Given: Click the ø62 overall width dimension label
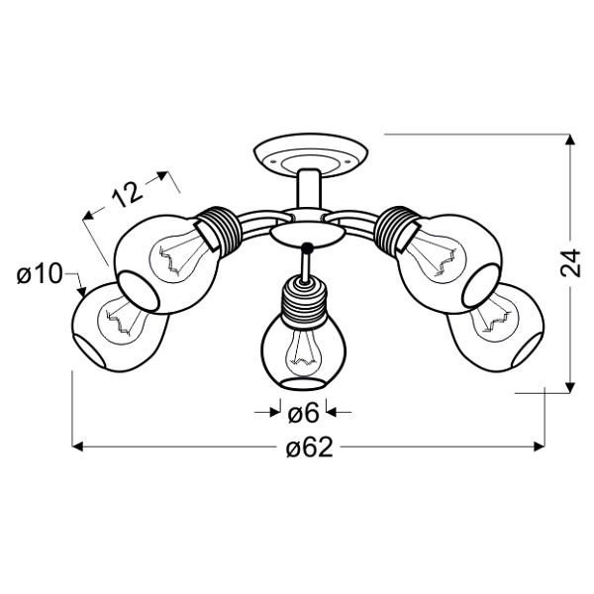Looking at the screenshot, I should point(308,448).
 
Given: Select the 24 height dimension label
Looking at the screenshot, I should point(569,262).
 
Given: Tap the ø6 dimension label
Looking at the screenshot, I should point(303,409).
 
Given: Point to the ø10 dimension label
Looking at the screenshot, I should point(41,273).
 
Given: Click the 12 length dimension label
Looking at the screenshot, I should point(126,195).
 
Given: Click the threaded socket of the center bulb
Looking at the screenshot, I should point(305,297).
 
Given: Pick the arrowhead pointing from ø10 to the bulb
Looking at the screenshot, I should point(80,292).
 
